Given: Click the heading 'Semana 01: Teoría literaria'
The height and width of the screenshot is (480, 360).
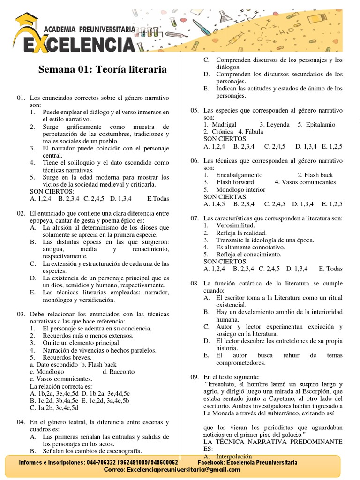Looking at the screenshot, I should (102, 69).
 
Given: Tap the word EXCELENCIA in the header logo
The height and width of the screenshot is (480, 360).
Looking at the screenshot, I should (75, 45).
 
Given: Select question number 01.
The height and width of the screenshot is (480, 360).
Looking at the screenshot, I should (20, 97).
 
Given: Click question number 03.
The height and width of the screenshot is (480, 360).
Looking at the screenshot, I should (20, 314).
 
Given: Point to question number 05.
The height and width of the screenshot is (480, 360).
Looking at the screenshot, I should (194, 110).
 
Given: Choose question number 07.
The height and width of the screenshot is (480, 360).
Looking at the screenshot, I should (194, 218).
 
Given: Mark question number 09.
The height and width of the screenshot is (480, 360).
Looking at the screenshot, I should (194, 377).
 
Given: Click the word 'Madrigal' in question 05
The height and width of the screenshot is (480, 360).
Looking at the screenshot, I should (224, 125).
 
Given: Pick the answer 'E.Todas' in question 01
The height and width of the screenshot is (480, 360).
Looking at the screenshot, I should (158, 199).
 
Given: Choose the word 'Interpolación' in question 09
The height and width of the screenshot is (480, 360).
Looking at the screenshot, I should (234, 457).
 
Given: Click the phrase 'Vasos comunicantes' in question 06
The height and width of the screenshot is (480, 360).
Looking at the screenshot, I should (309, 182).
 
